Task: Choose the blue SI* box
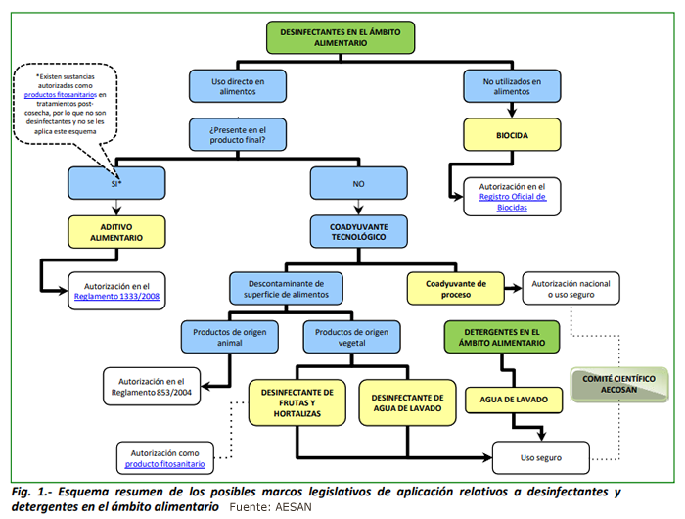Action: tap(116, 182)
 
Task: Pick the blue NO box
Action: tap(358, 182)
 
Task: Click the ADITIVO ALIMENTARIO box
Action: tap(116, 231)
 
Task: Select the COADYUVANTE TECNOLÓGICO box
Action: tap(358, 231)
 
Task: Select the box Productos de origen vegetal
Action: tap(351, 336)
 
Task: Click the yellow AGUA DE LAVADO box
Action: tap(513, 399)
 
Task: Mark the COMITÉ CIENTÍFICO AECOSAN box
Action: tap(619, 384)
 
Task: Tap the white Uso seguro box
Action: tap(541, 456)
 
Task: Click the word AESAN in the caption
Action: tap(293, 507)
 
